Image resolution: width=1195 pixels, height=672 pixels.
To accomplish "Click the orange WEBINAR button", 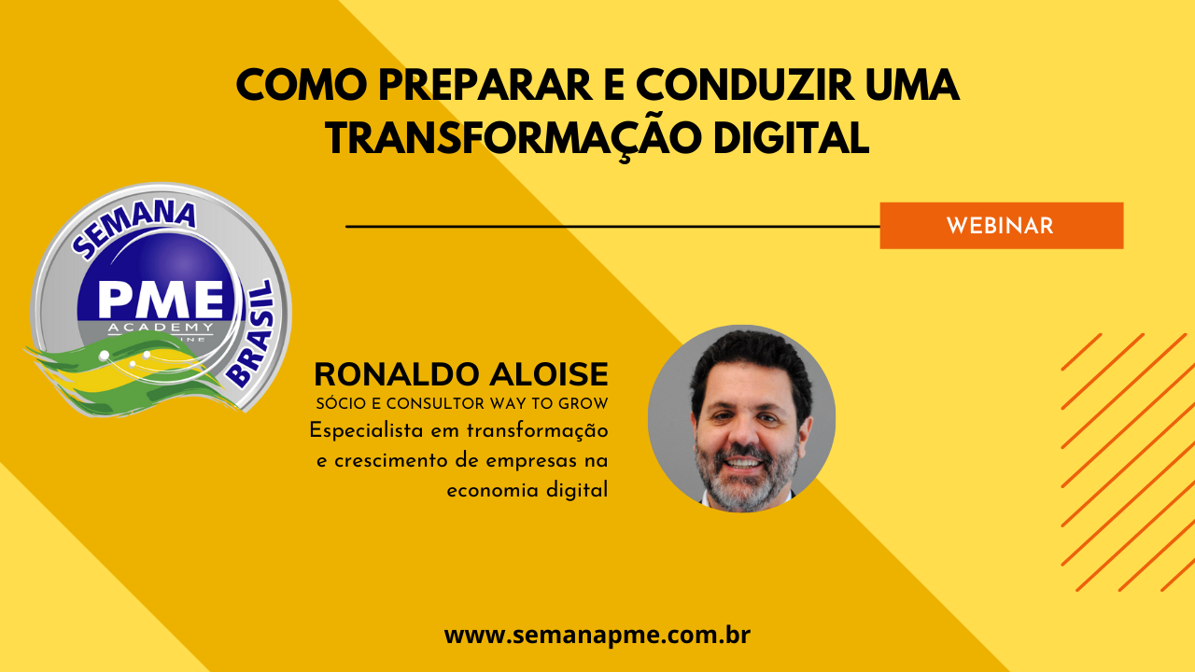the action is (1002, 226).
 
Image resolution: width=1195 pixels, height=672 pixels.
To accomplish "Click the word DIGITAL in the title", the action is (791, 139).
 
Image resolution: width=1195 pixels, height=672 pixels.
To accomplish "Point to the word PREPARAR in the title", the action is (485, 85).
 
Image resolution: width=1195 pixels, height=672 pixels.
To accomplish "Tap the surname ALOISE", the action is (549, 374).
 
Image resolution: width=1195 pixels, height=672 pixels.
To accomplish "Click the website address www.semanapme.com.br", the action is (597, 636).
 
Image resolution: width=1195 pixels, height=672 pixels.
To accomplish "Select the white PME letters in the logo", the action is (162, 300).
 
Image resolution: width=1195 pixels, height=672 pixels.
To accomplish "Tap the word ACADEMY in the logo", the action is (161, 327).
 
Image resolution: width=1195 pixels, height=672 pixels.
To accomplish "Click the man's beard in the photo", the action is (746, 480).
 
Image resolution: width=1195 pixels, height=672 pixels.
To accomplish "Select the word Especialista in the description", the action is (367, 431).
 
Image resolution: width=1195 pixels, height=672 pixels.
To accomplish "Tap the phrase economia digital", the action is (527, 491).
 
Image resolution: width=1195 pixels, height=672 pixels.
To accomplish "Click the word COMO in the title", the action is (302, 85).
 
